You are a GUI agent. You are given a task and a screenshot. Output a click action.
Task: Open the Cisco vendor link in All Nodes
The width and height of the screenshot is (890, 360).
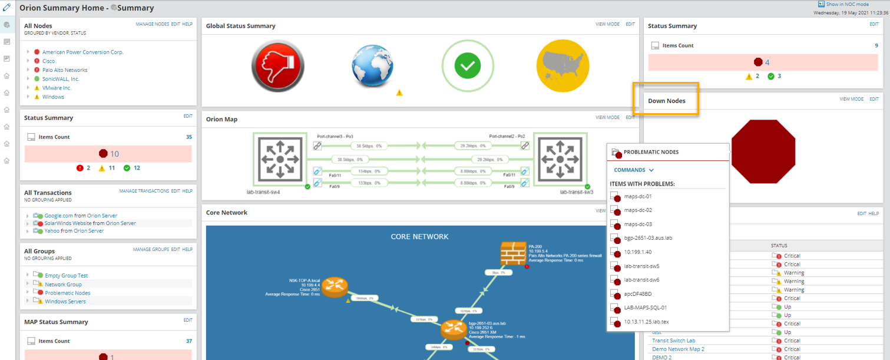click(48, 61)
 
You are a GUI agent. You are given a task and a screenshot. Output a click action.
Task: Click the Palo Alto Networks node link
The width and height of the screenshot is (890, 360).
click(65, 70)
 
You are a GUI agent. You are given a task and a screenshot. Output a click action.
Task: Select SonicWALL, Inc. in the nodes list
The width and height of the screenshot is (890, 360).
click(61, 79)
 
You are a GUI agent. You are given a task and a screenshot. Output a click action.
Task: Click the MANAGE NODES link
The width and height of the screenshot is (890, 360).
click(152, 24)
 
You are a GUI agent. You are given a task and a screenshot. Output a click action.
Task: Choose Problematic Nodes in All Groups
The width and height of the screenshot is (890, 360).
click(68, 293)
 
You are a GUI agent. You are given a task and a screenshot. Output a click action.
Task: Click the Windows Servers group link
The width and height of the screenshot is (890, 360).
click(65, 302)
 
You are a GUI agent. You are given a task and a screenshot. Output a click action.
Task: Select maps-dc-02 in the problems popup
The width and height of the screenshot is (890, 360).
click(638, 210)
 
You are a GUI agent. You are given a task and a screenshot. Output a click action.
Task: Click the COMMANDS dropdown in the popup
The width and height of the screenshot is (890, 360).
click(634, 170)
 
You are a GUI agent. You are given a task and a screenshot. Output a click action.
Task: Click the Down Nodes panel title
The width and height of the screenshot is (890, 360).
click(667, 101)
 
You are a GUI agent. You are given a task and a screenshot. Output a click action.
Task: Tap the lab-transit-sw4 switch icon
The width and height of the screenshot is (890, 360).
click(280, 159)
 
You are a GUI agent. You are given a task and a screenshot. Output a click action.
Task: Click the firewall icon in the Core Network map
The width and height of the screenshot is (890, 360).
click(513, 254)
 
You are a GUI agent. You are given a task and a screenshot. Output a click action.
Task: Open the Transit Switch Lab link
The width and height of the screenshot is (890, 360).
click(673, 341)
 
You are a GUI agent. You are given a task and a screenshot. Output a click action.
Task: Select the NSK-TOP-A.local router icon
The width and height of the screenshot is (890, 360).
click(335, 288)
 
